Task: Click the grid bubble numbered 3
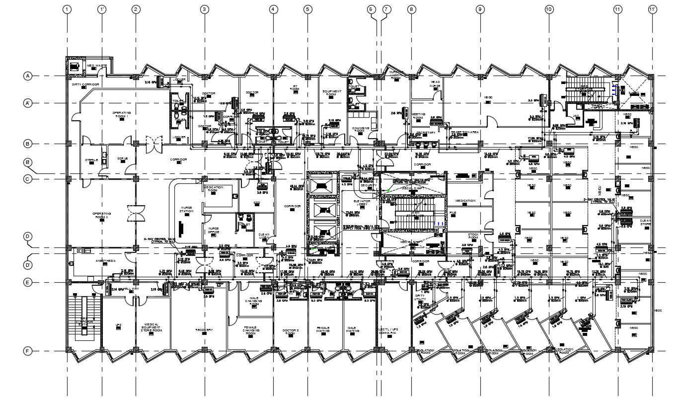pos(204,9)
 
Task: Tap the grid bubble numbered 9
pos(480,9)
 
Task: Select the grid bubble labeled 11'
pos(652,9)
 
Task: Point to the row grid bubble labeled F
pos(28,351)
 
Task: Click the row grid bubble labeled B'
pos(28,162)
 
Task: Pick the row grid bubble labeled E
pos(28,283)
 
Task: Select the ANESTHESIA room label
pos(105,260)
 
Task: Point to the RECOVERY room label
pos(204,330)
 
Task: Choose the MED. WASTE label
pos(97,66)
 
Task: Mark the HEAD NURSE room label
pos(435,84)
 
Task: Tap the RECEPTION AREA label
pos(464,132)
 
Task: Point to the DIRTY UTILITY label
pos(420,297)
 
